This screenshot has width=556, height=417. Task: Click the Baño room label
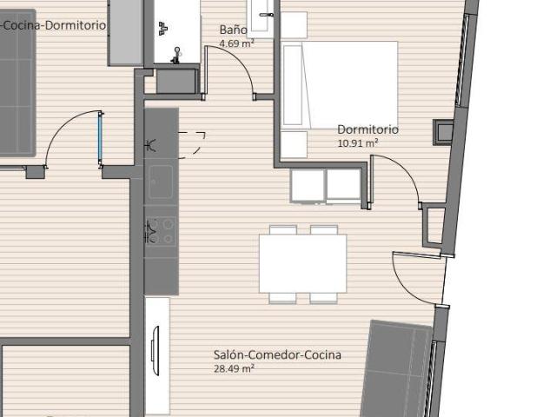233,30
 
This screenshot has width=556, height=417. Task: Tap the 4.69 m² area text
236,43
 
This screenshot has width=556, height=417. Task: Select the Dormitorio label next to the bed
367,129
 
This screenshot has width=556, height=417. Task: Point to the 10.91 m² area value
357,142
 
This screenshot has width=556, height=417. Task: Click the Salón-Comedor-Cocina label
277,354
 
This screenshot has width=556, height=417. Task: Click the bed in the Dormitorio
341,84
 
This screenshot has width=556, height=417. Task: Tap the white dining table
302,263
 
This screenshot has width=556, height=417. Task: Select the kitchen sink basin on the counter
161,182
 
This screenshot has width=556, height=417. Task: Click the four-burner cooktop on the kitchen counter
161,230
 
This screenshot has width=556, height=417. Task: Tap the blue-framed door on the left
100,138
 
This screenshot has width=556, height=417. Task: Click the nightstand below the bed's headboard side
294,144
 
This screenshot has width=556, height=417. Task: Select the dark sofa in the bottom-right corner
396,369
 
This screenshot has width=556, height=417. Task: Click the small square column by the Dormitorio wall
443,133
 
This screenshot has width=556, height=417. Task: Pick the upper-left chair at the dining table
282,229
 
